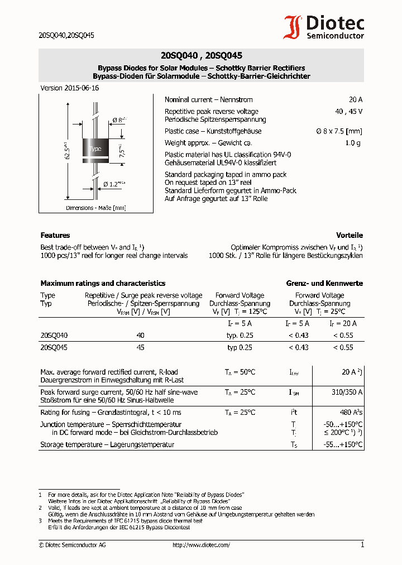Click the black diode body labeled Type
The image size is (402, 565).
[95, 149]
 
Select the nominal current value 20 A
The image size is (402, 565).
[355, 100]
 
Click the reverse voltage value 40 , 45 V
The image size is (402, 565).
[348, 112]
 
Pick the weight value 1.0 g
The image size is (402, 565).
[354, 143]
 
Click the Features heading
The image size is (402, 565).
[55, 236]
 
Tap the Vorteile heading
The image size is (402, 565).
[349, 236]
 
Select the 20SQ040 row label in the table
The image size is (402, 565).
[54, 335]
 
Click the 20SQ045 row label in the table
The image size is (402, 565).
[54, 347]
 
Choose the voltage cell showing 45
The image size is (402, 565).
[140, 347]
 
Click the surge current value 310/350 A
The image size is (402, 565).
[347, 392]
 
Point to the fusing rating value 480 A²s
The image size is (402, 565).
[351, 413]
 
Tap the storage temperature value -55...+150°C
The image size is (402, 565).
[343, 445]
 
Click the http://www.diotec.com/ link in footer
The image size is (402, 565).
[201, 545]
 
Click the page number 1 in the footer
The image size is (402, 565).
[362, 545]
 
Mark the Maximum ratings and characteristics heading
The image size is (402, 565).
[103, 284]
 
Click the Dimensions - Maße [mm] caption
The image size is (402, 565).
[95, 208]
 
